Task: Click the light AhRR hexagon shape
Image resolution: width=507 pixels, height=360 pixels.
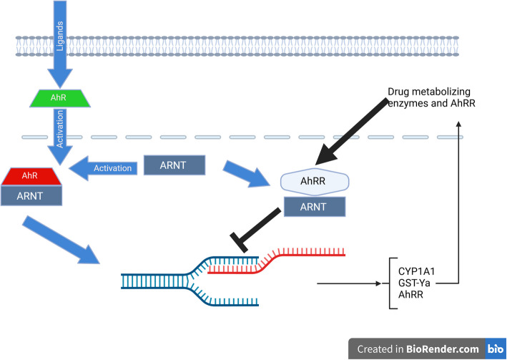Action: click(x=315, y=182)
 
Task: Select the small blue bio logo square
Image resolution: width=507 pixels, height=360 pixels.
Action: click(x=495, y=348)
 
